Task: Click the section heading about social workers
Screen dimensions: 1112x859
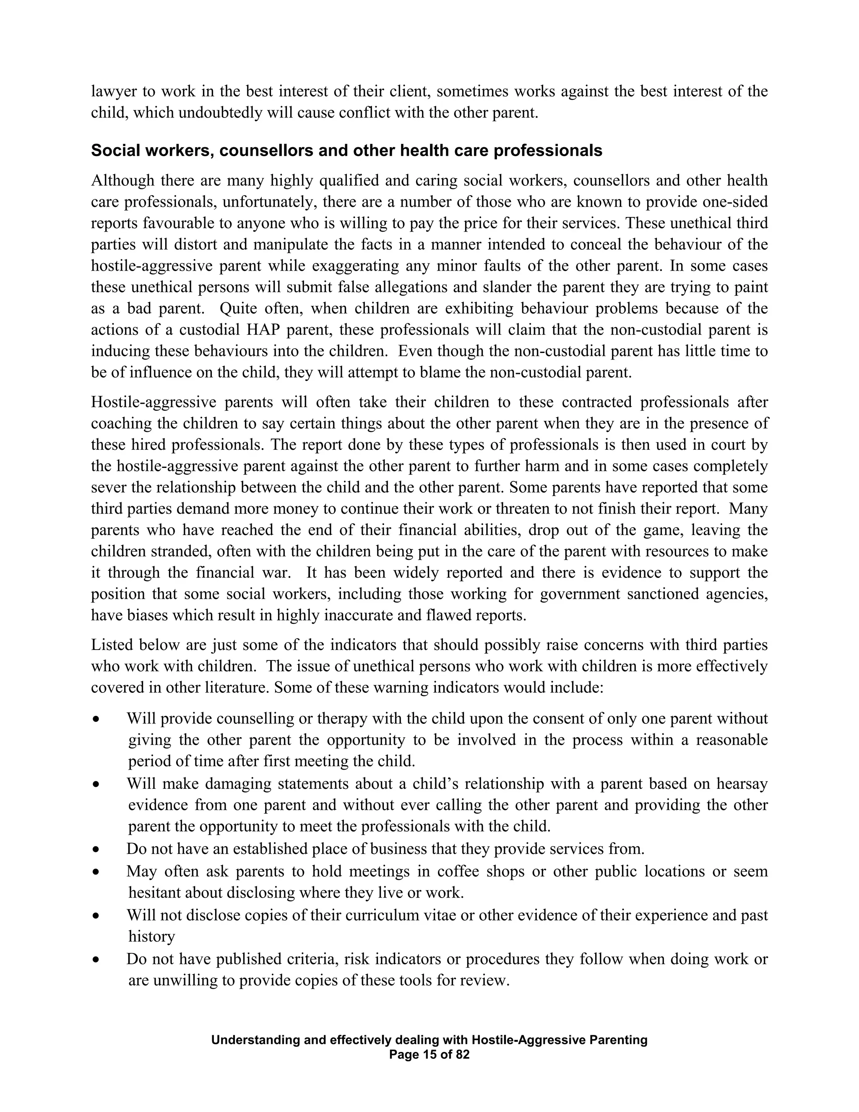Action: pyautogui.click(x=346, y=151)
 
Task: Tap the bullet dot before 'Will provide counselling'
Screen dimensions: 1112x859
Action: pyautogui.click(x=96, y=719)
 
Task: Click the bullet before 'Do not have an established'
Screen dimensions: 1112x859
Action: pyautogui.click(x=96, y=850)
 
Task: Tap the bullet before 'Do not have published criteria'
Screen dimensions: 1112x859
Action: pyautogui.click(x=96, y=960)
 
